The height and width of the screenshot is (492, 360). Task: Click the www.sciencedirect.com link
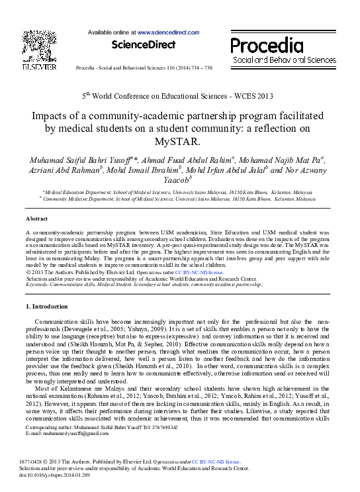(x=168, y=32)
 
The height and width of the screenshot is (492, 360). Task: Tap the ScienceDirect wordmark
(x=144, y=45)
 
